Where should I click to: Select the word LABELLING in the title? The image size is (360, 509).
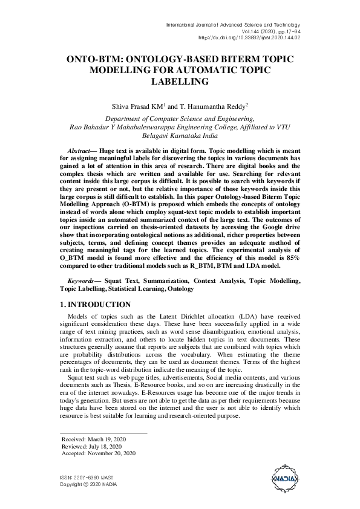179,81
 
